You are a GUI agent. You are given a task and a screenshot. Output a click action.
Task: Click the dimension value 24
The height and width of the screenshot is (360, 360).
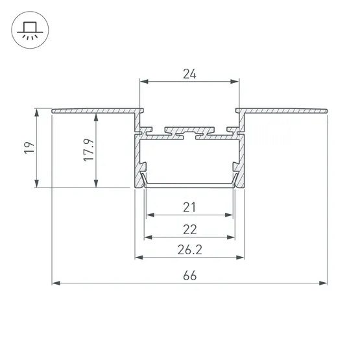tap(189, 74)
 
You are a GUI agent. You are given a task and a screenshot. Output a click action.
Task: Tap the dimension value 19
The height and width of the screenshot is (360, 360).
tap(29, 148)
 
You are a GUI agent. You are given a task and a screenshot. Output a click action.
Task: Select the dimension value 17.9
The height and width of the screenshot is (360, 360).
tap(89, 150)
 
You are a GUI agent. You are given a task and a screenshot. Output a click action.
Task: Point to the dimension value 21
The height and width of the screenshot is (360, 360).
tap(189, 208)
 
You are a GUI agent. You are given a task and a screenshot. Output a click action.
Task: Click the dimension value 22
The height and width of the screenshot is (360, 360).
tap(190, 230)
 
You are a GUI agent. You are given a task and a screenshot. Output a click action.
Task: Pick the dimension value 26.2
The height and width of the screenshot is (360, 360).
tap(190, 250)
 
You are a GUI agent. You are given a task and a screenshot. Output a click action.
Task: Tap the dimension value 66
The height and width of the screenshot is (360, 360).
tap(190, 276)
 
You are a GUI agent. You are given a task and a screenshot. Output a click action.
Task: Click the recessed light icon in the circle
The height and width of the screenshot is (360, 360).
tap(30, 30)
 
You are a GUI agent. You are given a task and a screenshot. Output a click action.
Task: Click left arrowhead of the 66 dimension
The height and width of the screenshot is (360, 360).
tap(56, 283)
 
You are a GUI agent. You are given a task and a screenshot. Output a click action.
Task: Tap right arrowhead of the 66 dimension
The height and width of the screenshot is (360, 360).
tap(323, 283)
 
